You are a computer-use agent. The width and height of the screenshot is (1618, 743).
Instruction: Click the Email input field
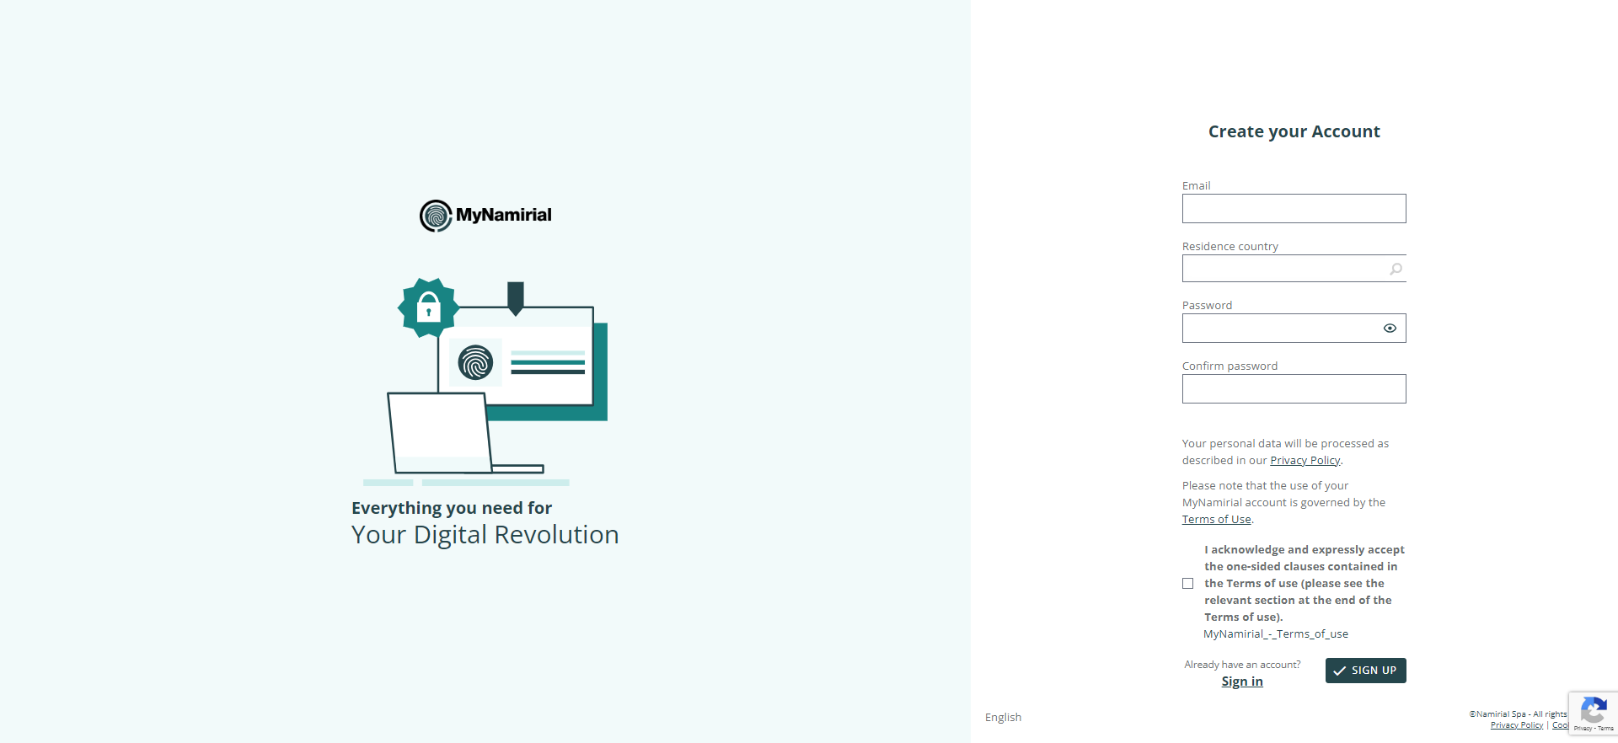click(1294, 209)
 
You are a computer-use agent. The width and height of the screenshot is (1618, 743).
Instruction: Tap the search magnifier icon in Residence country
click(1396, 270)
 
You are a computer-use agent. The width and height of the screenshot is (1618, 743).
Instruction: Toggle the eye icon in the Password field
click(1390, 329)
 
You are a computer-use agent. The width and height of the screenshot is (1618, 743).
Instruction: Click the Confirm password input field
click(1294, 389)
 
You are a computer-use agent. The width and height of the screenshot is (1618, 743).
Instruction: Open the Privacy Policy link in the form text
click(1305, 461)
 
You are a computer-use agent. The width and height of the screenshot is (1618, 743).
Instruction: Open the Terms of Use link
click(1216, 520)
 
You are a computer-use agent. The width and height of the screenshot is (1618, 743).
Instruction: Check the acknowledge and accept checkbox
click(1187, 584)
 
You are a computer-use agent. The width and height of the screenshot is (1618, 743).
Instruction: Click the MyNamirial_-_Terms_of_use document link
click(1276, 634)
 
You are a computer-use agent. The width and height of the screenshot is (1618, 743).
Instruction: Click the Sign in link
click(1242, 682)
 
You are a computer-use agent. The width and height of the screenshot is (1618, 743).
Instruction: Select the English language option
click(1003, 718)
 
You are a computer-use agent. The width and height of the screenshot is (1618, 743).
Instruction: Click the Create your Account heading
click(1294, 131)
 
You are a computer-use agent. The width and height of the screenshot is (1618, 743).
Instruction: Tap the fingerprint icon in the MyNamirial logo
click(436, 216)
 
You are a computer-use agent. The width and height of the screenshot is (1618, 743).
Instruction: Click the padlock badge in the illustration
click(429, 308)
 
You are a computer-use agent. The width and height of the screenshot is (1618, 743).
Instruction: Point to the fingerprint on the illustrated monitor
click(475, 363)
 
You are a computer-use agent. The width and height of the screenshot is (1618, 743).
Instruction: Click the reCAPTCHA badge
click(1593, 714)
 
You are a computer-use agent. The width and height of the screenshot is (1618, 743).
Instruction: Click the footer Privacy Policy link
click(1517, 725)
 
